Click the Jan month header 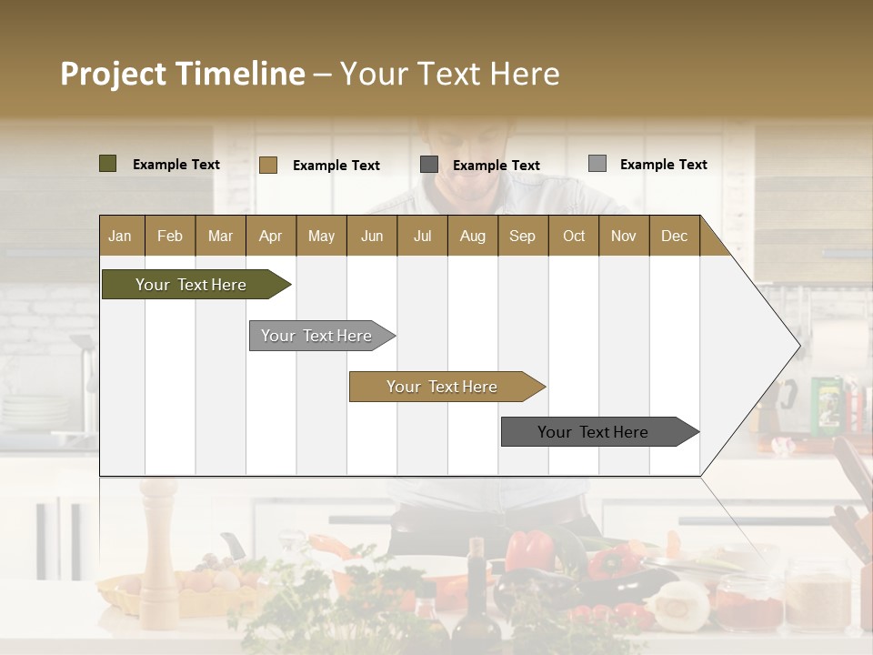pos(120,236)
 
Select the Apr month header pos(270,236)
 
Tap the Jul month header pos(422,236)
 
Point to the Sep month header pos(522,236)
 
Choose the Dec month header pos(674,236)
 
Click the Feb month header pos(170,236)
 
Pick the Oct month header pos(574,236)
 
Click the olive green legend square pos(107,164)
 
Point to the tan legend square pos(267,165)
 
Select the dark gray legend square pos(429,165)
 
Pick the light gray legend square pos(597,164)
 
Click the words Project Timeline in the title pos(182,74)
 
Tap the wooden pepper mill pos(158,555)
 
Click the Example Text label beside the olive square pos(176,165)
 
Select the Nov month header pos(623,236)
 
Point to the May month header pos(321,236)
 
